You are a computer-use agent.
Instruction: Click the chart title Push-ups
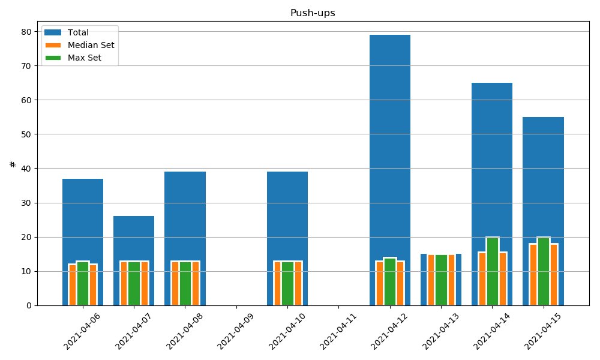[313, 13]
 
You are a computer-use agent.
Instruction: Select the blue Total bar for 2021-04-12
[390, 153]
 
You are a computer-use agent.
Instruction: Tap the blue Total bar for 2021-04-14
[492, 161]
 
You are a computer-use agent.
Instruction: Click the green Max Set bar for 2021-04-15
[544, 271]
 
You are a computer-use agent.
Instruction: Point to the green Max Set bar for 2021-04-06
[83, 283]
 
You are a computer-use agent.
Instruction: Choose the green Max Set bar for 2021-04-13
[441, 280]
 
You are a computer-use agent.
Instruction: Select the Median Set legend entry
[80, 45]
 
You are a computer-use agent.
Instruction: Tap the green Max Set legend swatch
[53, 58]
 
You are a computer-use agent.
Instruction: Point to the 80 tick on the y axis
[35, 31]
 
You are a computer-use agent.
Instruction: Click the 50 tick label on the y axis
[26, 134]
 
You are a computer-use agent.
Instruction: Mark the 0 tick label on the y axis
[29, 305]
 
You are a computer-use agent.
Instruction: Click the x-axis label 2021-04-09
[235, 331]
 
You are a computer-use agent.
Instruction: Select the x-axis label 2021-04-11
[337, 331]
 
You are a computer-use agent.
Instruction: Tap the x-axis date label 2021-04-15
[542, 331]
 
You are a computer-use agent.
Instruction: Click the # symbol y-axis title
[13, 164]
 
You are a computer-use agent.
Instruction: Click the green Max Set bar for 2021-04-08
[185, 283]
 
